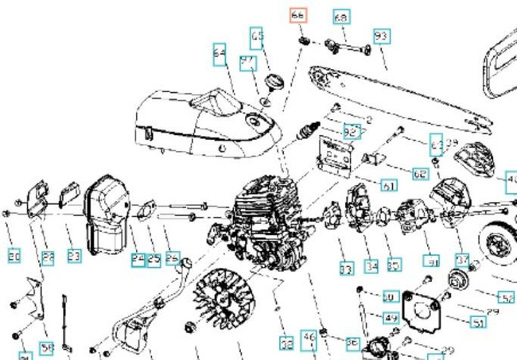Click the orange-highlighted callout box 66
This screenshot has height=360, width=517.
[x=297, y=15]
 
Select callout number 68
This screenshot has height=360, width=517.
[x=340, y=17]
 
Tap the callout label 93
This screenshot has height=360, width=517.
[x=381, y=37]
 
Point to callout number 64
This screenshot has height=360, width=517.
[x=220, y=53]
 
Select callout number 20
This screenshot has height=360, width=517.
[x=14, y=257]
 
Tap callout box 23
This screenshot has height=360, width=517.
[x=73, y=257]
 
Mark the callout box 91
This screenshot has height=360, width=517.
[x=432, y=261]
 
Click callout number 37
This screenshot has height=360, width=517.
[x=462, y=260]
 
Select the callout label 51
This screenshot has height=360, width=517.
[x=478, y=322]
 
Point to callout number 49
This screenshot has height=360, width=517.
[x=391, y=318]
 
